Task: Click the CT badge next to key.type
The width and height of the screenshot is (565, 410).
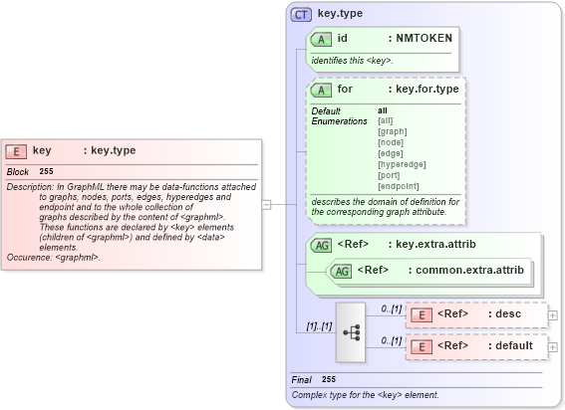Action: point(301,15)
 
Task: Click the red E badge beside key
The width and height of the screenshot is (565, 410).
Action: point(16,151)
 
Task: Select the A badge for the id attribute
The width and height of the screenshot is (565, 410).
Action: point(321,39)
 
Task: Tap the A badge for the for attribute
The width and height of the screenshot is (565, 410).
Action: point(321,90)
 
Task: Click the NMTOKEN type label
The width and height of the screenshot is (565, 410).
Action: point(424,39)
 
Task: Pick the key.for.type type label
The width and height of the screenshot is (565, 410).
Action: point(426,90)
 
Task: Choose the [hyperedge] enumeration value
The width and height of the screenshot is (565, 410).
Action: point(402,163)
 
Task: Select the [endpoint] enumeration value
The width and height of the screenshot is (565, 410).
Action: point(399,185)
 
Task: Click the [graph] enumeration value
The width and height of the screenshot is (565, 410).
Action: point(392,130)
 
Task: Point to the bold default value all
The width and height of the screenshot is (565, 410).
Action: point(383,109)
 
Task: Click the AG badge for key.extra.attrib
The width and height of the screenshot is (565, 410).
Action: point(322,244)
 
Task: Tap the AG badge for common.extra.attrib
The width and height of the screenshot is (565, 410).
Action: point(341,271)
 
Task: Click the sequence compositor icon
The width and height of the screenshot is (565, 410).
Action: point(352,330)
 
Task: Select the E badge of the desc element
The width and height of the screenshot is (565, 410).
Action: point(422,314)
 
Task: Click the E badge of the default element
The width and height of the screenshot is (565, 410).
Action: point(422,346)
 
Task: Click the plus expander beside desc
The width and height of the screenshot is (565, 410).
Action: point(553,315)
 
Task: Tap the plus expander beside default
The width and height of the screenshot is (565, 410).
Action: point(553,347)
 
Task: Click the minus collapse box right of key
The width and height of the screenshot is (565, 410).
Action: point(266,204)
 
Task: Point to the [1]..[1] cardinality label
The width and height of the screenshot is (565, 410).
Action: point(319,326)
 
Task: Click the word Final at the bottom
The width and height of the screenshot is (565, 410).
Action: point(302,380)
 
